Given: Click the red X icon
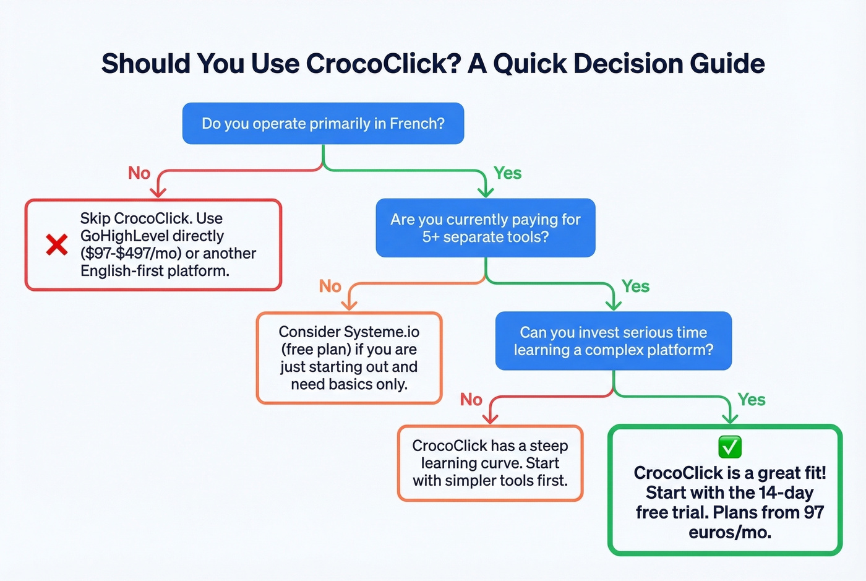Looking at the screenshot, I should point(57,244).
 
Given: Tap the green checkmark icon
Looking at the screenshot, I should point(730,446).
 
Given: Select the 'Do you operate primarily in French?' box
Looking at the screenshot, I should point(323,124).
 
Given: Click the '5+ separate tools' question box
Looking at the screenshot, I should point(486,228).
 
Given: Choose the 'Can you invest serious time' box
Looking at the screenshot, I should point(613,341).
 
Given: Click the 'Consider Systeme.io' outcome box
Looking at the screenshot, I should point(349,358).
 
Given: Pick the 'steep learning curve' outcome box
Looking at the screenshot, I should point(490,463).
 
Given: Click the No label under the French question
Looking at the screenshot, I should point(139,173).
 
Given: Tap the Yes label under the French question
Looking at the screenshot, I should point(507,173).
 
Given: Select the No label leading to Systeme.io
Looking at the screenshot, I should point(330,286).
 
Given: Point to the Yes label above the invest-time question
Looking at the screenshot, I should point(635,286).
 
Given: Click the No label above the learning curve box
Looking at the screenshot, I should point(471,400).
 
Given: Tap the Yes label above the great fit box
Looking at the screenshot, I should point(751,400).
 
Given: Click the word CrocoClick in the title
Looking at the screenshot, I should point(383,64).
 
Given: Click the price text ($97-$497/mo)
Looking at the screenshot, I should point(131,254).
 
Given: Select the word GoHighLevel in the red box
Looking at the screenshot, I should point(121,236).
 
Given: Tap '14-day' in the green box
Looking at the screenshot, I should point(786,493).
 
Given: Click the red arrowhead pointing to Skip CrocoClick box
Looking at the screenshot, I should point(158,192).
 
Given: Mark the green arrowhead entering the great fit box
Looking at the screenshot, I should point(730,419).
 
